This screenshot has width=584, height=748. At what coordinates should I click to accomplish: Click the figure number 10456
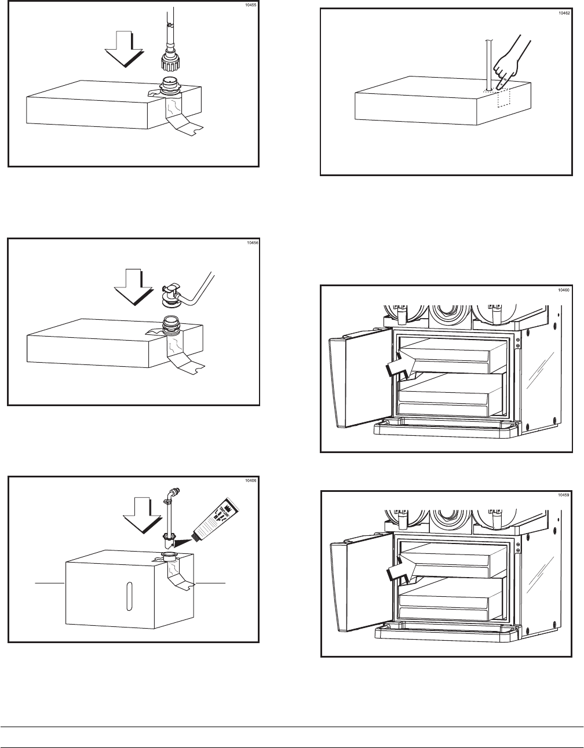tap(251, 243)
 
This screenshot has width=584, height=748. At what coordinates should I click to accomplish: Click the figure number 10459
tap(564, 495)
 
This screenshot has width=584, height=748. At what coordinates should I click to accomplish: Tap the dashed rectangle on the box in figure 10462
tap(502, 98)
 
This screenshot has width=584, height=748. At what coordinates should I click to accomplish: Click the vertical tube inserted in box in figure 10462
tap(488, 61)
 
